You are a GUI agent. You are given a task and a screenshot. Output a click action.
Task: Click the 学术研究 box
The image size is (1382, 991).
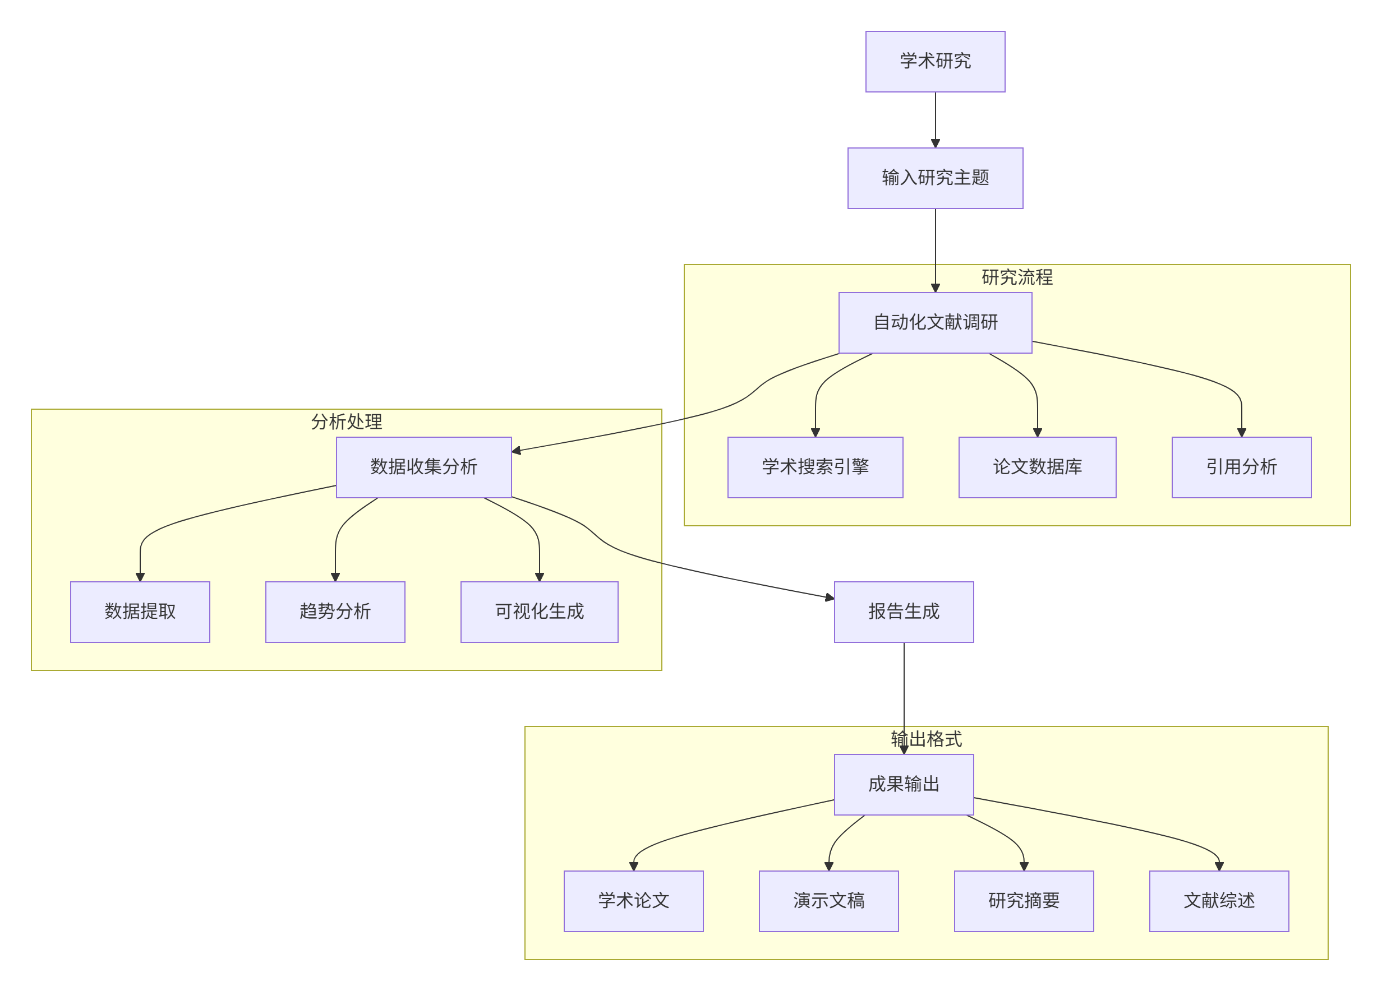[x=935, y=62]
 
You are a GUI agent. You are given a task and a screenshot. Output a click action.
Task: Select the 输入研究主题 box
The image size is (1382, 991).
[x=935, y=178]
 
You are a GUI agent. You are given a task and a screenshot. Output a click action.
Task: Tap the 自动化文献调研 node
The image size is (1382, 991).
[x=935, y=323]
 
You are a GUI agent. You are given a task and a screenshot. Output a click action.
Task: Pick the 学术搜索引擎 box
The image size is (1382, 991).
[x=815, y=467]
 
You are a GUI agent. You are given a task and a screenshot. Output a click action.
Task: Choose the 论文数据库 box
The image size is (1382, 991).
[x=1037, y=467]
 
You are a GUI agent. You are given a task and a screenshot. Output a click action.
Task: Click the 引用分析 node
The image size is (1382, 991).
[x=1241, y=467]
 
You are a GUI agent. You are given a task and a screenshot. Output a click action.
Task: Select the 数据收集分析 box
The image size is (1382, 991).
[x=423, y=467]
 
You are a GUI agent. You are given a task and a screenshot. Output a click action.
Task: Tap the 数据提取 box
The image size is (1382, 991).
[x=140, y=612]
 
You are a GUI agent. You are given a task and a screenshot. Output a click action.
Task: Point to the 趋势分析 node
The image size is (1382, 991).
[x=335, y=612]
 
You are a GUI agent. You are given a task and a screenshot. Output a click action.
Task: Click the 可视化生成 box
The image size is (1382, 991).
[x=539, y=612]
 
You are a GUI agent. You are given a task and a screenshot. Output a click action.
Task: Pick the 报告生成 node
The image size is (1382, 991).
[x=904, y=612]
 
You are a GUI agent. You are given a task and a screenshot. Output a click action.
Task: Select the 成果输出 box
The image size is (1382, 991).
[x=904, y=785]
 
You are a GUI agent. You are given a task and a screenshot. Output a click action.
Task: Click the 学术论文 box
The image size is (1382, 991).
[x=634, y=901]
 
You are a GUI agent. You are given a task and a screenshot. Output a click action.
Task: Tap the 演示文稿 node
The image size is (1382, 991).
[x=829, y=901]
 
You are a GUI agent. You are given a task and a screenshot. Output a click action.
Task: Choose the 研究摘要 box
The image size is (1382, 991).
[x=1024, y=901]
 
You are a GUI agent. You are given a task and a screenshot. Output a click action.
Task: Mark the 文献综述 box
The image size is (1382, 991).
[x=1219, y=901]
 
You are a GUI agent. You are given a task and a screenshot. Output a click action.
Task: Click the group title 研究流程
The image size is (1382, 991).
[x=1017, y=278]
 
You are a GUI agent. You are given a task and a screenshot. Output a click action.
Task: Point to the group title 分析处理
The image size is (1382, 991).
[x=347, y=422]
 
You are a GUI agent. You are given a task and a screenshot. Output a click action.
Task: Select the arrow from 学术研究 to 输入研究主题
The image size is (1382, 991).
[x=936, y=119]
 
